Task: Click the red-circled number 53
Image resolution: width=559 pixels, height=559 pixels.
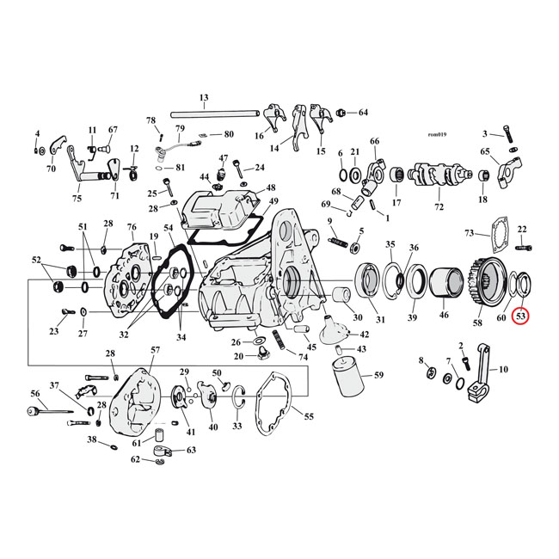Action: point(521,316)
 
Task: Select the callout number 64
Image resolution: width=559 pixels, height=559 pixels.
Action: point(362,113)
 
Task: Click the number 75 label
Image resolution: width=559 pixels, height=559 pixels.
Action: point(77,199)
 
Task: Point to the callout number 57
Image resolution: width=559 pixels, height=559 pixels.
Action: point(155,350)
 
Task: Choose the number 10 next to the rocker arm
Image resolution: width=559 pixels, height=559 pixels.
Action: point(503,370)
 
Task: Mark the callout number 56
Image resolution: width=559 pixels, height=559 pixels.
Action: point(35,393)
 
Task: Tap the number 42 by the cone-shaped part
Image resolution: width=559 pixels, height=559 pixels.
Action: point(364,334)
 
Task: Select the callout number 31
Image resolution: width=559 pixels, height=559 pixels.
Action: point(379,321)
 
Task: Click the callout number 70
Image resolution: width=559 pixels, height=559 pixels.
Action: point(51,169)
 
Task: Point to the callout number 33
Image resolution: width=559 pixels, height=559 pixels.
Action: point(237,426)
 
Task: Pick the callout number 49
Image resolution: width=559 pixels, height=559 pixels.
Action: point(273,202)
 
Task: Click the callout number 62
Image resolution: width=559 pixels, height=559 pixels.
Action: point(136,460)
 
